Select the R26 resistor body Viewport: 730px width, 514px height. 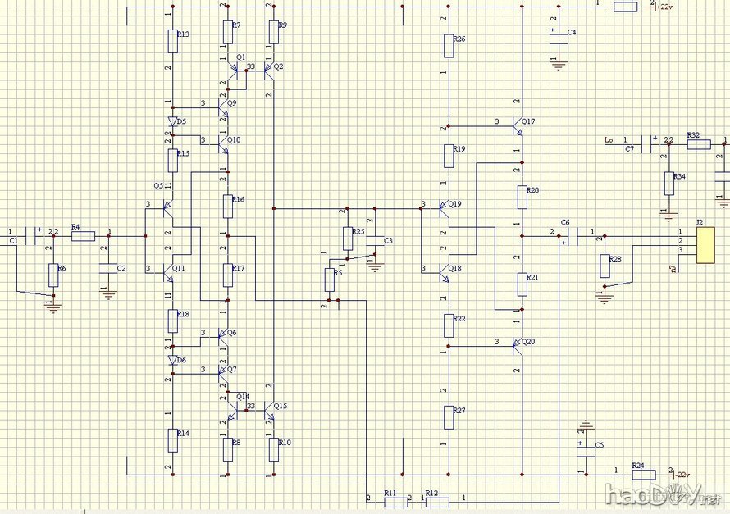click(448, 45)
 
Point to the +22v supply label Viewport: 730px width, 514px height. click(664, 7)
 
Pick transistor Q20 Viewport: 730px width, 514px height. click(517, 345)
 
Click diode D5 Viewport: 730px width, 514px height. click(172, 121)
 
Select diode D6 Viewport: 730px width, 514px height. click(172, 360)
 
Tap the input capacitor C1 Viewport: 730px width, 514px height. click(34, 236)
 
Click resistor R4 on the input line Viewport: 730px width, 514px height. click(83, 236)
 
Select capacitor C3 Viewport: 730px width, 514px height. click(374, 240)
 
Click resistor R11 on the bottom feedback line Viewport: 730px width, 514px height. click(390, 498)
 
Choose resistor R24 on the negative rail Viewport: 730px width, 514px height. click(643, 474)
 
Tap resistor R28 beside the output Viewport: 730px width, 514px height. click(605, 265)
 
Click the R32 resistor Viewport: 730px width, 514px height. click(699, 144)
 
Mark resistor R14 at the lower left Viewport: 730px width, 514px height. click(172, 439)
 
